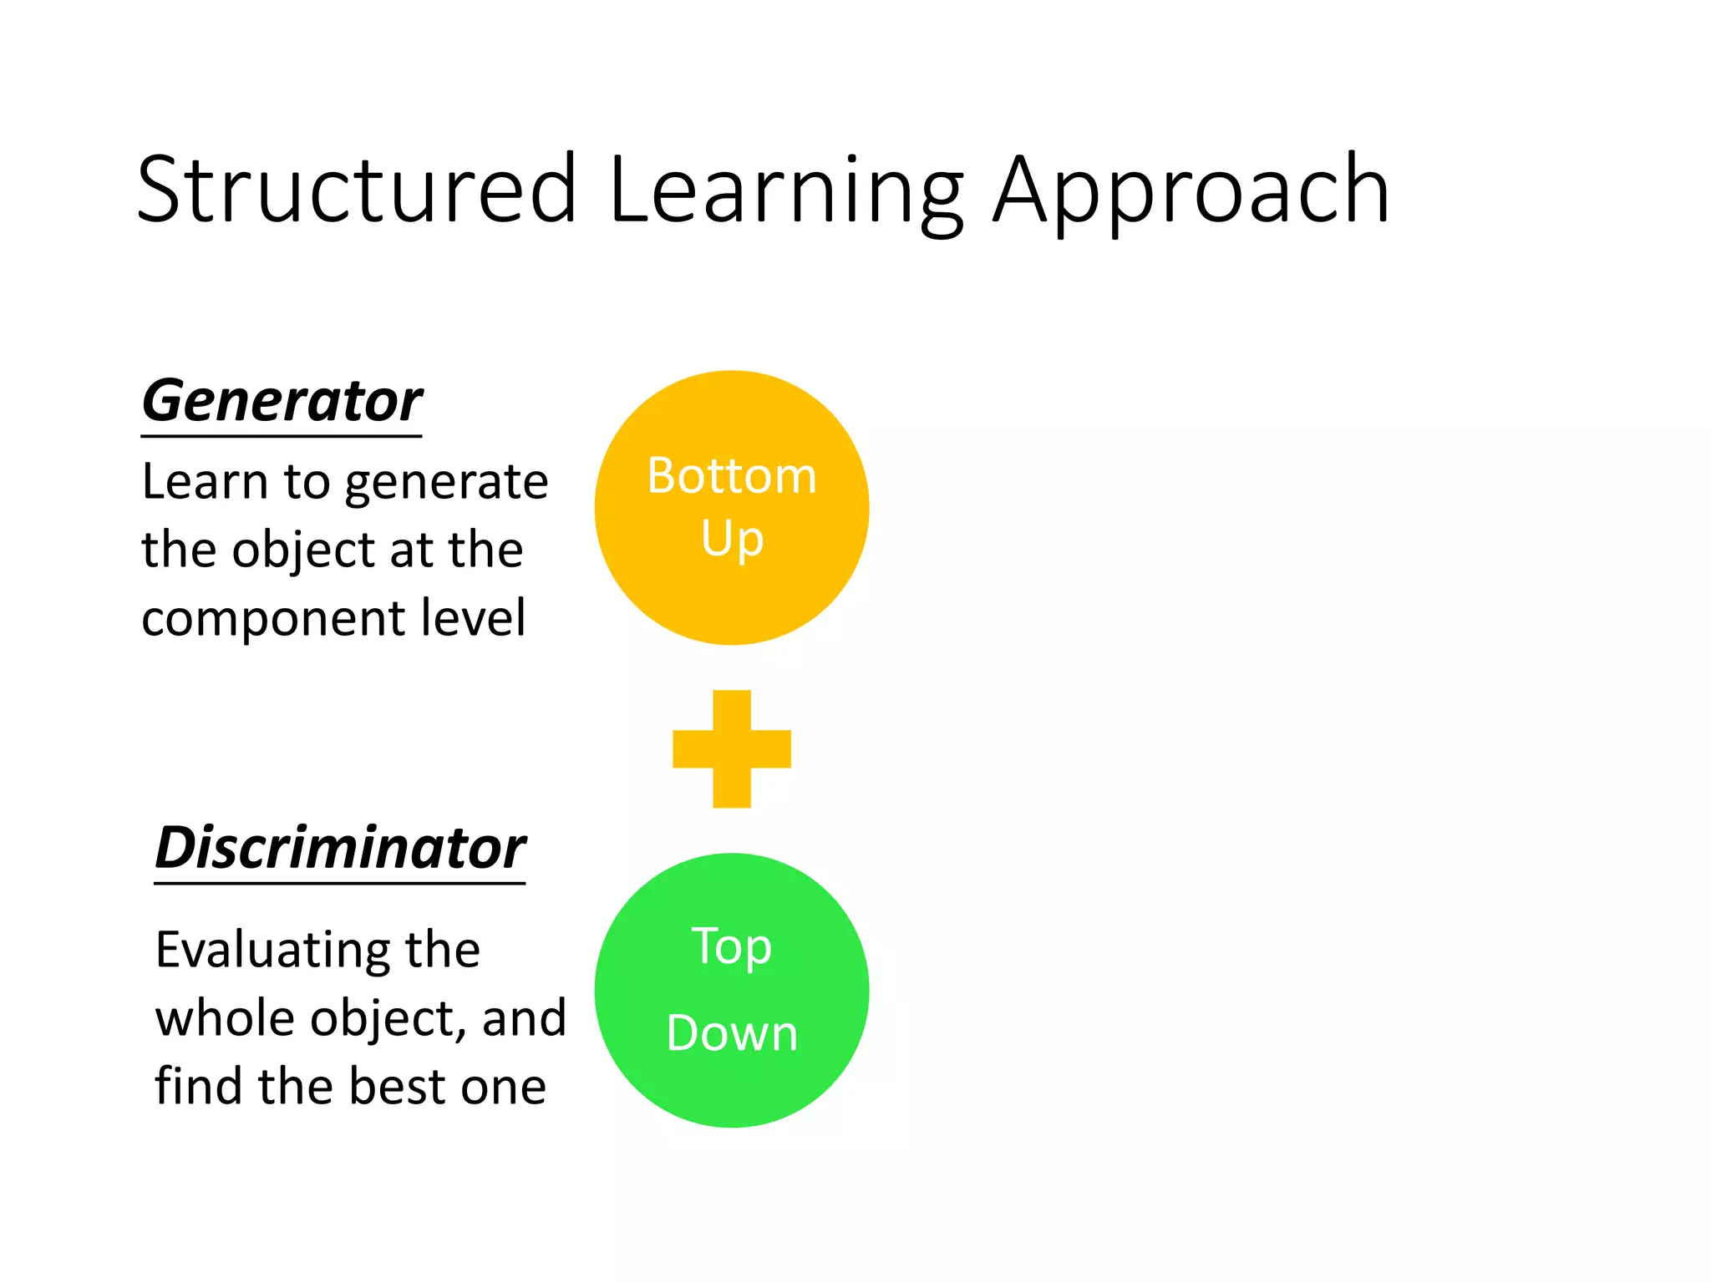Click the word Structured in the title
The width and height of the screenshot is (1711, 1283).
tap(357, 190)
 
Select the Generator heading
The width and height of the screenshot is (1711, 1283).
tap(282, 402)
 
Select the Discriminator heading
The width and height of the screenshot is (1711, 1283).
tap(340, 849)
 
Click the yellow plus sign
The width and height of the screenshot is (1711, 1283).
tap(732, 748)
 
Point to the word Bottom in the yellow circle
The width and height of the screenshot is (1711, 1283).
tap(732, 476)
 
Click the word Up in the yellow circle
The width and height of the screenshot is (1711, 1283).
tap(732, 540)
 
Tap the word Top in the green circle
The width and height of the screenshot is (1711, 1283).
tap(732, 946)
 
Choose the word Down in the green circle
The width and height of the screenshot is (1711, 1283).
tap(732, 1033)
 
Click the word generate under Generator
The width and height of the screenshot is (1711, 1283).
tap(446, 483)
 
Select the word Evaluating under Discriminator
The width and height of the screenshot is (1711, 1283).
tap(272, 951)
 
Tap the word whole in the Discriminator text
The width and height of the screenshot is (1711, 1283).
tap(225, 1019)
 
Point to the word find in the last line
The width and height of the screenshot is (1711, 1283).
tap(199, 1087)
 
